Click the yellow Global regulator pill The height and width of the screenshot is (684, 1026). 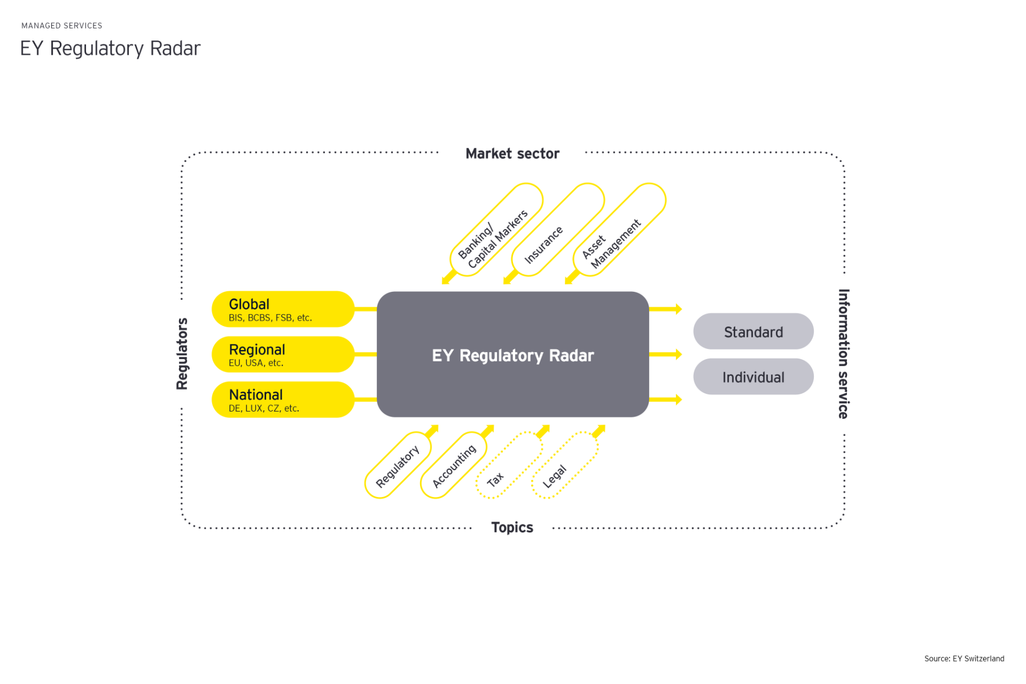point(283,309)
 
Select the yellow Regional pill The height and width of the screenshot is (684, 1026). point(283,354)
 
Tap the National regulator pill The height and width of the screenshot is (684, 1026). point(283,400)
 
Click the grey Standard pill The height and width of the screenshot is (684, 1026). point(753,331)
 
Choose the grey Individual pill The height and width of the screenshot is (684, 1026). point(753,377)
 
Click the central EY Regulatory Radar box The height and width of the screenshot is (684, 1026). point(512,355)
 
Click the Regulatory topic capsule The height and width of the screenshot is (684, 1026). point(397,466)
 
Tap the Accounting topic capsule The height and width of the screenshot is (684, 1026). point(453,466)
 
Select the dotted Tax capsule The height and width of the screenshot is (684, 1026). point(508,466)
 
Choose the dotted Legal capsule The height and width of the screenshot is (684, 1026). point(564,466)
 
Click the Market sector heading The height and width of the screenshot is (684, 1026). point(512,153)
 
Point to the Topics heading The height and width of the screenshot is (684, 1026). point(512,527)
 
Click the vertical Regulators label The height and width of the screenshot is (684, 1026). point(182,353)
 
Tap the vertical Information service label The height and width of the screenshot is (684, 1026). point(844,353)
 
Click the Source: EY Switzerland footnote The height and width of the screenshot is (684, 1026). point(964,658)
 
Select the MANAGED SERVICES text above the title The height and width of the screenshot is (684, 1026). point(62,26)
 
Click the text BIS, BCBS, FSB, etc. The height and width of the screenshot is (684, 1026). point(270,318)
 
